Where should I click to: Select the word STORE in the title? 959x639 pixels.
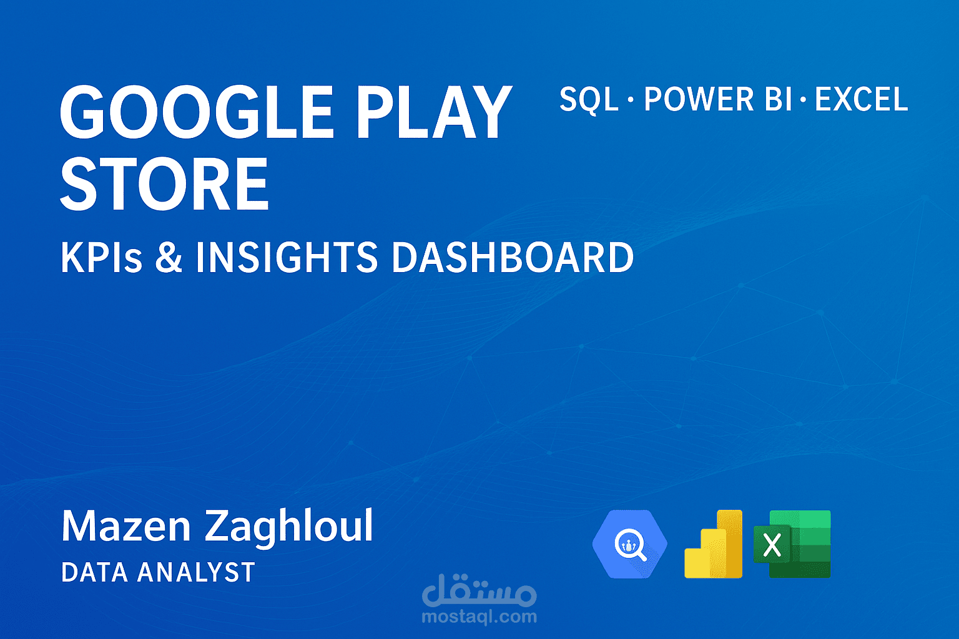[x=164, y=185]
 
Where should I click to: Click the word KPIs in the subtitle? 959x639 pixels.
[x=102, y=258]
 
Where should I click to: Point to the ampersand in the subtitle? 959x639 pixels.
[x=169, y=258]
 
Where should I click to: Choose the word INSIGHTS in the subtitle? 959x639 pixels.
[x=287, y=258]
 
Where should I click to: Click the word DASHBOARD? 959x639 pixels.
[x=512, y=258]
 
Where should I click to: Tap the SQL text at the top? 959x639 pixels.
[x=588, y=100]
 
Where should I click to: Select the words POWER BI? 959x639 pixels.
[x=718, y=100]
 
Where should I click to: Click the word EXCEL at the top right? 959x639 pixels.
[x=862, y=100]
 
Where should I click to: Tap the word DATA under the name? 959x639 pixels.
[x=94, y=572]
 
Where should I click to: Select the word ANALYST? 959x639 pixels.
[x=196, y=572]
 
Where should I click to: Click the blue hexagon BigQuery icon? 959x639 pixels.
[x=629, y=545]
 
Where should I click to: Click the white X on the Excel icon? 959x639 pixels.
[x=772, y=545]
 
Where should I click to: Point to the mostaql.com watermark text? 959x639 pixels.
[x=479, y=617]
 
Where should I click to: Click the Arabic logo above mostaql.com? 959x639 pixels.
[x=479, y=592]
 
